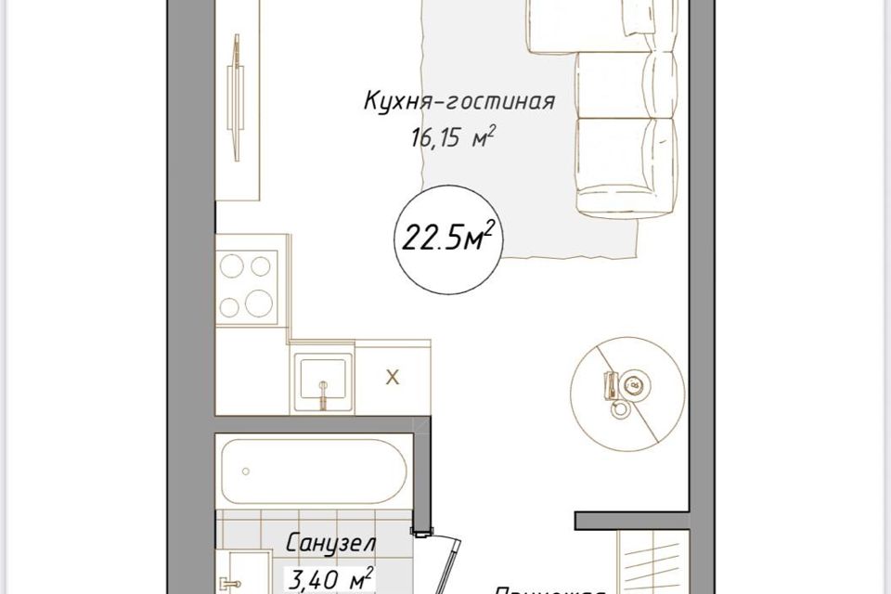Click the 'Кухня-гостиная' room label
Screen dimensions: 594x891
pyautogui.click(x=458, y=101)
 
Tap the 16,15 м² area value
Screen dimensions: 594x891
pyautogui.click(x=450, y=139)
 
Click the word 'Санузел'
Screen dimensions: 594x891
pyautogui.click(x=330, y=542)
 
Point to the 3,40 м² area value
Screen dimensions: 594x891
pyautogui.click(x=330, y=579)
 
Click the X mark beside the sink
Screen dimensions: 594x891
pyautogui.click(x=393, y=377)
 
